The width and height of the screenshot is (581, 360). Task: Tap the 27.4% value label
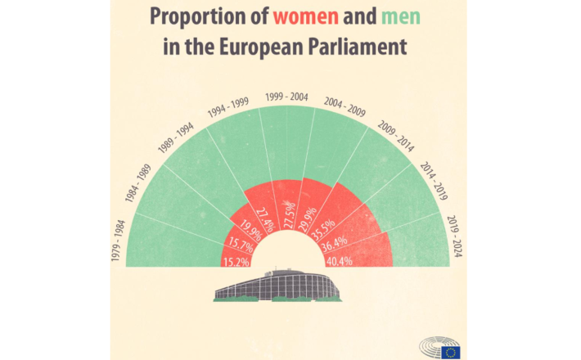coord(264,218)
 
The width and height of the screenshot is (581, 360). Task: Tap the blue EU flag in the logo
coord(449,352)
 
